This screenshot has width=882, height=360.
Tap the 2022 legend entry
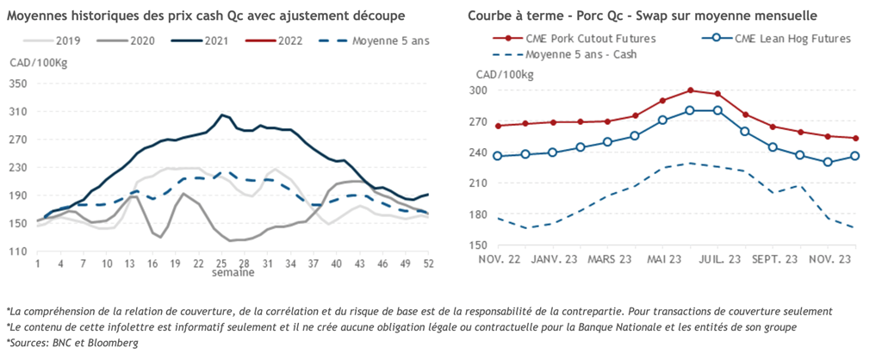(x=295, y=40)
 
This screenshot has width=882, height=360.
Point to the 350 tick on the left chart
(x=19, y=84)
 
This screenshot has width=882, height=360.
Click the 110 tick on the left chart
(x=19, y=251)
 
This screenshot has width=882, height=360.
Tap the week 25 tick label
(x=222, y=264)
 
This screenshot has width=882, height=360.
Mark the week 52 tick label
(x=427, y=264)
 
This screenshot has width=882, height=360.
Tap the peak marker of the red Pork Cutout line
(x=691, y=90)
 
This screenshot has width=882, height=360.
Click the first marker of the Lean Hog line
(x=497, y=156)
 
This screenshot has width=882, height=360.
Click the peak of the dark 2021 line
(x=221, y=115)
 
